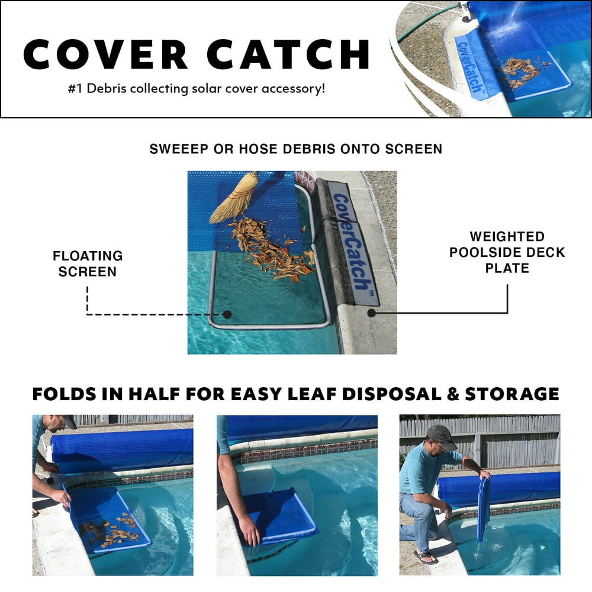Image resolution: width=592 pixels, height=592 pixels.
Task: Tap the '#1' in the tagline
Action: (x=75, y=89)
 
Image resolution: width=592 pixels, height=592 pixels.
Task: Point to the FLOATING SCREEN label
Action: (x=88, y=263)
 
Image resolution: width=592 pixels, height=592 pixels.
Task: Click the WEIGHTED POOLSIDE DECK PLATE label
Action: (x=507, y=252)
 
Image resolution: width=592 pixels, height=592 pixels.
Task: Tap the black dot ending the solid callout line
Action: (x=371, y=311)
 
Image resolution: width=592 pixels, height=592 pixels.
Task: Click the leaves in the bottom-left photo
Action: (x=110, y=530)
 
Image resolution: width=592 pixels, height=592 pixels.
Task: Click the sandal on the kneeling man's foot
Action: (x=424, y=556)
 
